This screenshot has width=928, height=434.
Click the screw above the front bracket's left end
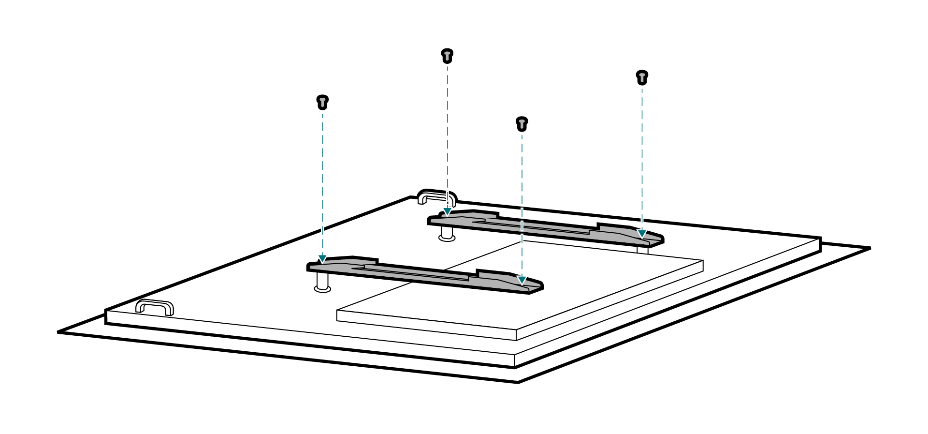pyautogui.click(x=322, y=102)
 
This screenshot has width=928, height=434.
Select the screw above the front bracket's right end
pyautogui.click(x=522, y=124)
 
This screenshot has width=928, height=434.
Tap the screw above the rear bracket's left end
pyautogui.click(x=447, y=56)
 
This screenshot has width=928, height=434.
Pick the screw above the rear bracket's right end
pyautogui.click(x=642, y=77)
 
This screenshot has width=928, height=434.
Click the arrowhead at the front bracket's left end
pyautogui.click(x=322, y=259)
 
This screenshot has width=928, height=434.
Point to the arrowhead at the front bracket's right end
pyautogui.click(x=522, y=280)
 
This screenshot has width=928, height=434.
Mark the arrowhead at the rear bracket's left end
pyautogui.click(x=448, y=211)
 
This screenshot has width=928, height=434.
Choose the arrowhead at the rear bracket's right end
pyautogui.click(x=642, y=234)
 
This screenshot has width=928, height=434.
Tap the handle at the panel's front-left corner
pyautogui.click(x=155, y=307)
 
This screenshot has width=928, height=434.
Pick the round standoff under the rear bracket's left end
pyautogui.click(x=447, y=235)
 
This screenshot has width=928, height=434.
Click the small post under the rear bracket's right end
pyautogui.click(x=642, y=250)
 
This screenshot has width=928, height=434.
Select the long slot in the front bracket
pyautogui.click(x=416, y=273)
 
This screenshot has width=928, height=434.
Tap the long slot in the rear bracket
pyautogui.click(x=536, y=226)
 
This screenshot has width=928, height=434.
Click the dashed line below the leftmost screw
pyautogui.click(x=322, y=184)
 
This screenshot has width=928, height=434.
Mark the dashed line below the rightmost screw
pyautogui.click(x=642, y=155)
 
